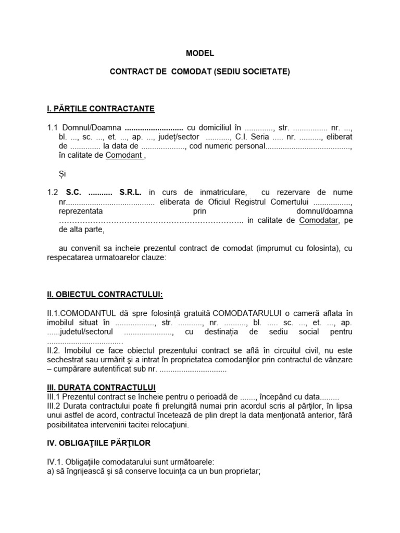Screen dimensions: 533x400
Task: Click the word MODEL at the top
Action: pos(200,53)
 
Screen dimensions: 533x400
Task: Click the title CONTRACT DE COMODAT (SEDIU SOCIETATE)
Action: pos(200,72)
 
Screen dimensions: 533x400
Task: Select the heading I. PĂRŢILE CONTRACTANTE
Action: pos(101,109)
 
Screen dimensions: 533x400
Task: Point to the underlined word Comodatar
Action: pos(319,220)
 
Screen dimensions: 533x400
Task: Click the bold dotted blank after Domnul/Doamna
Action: pos(154,128)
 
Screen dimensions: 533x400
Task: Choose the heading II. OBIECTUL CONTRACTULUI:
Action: pos(105,295)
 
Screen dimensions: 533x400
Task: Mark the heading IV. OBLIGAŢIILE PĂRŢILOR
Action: pos(98,443)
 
